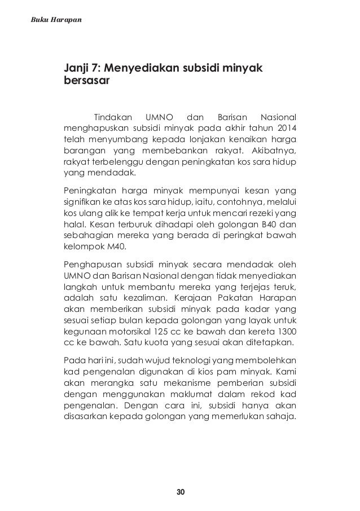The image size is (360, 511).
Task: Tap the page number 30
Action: [x=181, y=492]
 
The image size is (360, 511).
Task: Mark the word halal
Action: [x=74, y=224]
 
